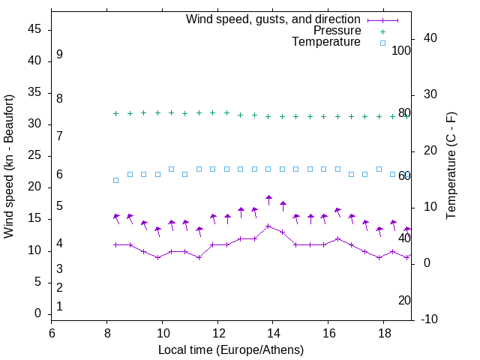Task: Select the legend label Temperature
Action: (326, 43)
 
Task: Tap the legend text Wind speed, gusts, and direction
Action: (273, 19)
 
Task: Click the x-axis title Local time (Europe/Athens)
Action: (231, 350)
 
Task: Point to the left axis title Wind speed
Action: (9, 166)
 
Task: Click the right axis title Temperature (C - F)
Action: (451, 166)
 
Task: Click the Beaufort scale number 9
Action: (59, 55)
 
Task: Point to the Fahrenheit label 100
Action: (401, 51)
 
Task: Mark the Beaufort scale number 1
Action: (59, 306)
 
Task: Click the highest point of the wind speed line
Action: (268, 226)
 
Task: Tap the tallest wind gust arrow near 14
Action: (268, 199)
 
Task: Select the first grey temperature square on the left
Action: (115, 180)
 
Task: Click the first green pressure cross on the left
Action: (115, 113)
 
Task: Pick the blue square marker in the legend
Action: (382, 43)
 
